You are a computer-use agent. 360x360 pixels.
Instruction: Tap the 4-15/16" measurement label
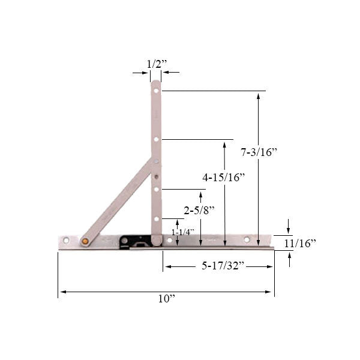click(224, 178)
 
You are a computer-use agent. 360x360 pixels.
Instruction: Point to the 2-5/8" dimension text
click(199, 210)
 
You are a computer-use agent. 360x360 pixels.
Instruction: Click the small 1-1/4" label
click(182, 232)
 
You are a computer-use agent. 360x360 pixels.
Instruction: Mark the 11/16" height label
click(300, 243)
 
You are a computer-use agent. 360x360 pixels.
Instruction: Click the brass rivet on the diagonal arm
click(85, 241)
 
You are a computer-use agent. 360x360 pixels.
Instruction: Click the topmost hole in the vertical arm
click(155, 91)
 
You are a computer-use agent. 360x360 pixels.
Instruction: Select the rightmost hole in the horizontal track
click(246, 240)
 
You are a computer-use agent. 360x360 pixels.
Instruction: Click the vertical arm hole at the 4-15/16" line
click(155, 139)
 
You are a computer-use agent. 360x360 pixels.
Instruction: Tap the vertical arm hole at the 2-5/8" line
click(155, 190)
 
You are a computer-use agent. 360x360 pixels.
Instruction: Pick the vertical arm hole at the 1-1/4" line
click(155, 219)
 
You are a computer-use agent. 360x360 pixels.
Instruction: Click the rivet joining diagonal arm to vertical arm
click(155, 161)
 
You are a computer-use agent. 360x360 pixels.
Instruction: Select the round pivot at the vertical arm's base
click(155, 240)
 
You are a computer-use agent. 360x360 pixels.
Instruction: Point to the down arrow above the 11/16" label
click(289, 227)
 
